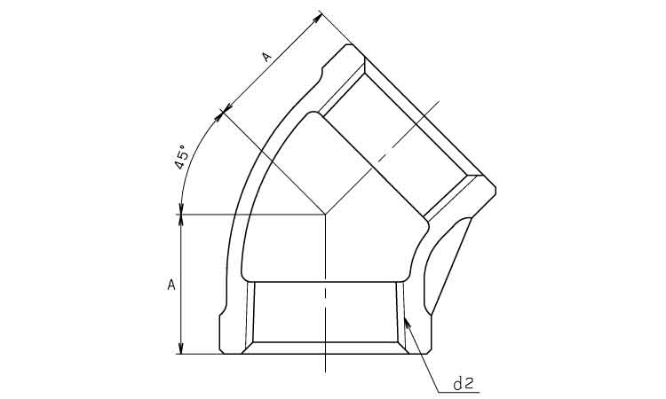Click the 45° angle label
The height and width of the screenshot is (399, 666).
click(x=181, y=157)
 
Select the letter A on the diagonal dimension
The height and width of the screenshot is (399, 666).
click(x=266, y=57)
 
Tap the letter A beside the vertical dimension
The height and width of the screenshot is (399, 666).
click(x=171, y=285)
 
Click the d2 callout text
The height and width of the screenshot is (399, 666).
click(x=463, y=383)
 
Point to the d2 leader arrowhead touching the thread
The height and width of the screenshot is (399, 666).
click(x=408, y=323)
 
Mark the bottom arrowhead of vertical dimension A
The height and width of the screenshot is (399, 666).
click(x=181, y=348)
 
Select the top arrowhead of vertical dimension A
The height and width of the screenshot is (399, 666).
click(x=181, y=221)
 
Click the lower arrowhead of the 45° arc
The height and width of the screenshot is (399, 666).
click(x=181, y=208)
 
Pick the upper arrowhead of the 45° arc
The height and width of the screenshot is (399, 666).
click(x=219, y=116)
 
